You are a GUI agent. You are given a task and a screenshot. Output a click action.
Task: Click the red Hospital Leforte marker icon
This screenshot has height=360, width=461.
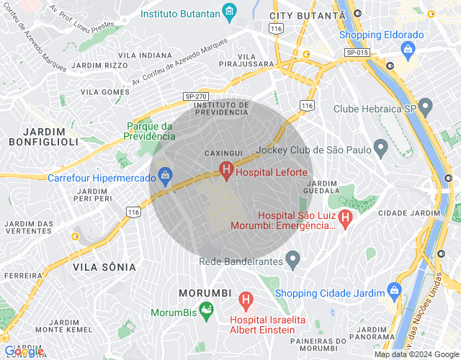[x=226, y=171]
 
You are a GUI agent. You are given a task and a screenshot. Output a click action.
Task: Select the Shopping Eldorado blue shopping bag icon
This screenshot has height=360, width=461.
[x=408, y=49]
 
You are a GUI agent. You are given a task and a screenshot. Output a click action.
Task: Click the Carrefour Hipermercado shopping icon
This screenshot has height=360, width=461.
[x=166, y=175]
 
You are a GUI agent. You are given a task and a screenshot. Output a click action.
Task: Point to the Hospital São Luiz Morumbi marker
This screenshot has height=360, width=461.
[x=345, y=215]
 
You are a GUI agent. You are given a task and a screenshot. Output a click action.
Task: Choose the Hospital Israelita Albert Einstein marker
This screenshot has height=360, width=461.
[x=246, y=297]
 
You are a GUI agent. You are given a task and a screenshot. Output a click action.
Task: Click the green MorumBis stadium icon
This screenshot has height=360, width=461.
[x=207, y=310]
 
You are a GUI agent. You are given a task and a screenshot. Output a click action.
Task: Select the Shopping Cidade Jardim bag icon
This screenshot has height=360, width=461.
[x=393, y=290]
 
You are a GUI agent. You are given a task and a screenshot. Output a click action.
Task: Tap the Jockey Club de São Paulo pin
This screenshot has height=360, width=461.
[x=381, y=148]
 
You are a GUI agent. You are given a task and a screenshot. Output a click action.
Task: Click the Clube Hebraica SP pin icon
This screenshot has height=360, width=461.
[x=427, y=108]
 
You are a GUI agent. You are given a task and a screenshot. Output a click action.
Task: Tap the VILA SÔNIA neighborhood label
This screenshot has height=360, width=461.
[x=104, y=266]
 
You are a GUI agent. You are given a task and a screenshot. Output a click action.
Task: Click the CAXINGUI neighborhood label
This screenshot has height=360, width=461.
[x=223, y=153]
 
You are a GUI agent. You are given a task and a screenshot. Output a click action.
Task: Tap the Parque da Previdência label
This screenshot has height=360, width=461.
[x=150, y=130]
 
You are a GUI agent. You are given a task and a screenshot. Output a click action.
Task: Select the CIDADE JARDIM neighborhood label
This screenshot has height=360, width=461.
[x=408, y=213]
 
